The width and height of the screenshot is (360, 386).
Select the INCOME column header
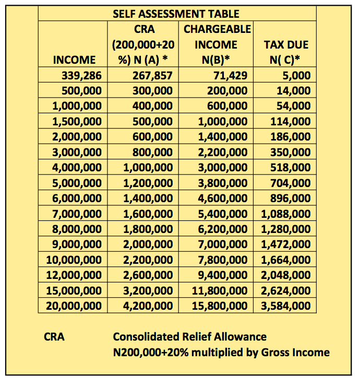[x=75, y=60]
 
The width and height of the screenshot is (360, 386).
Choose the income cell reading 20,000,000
[x=74, y=306]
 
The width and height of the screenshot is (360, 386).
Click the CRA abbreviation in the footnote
[x=54, y=336]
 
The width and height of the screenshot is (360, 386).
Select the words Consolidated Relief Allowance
[x=190, y=336]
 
